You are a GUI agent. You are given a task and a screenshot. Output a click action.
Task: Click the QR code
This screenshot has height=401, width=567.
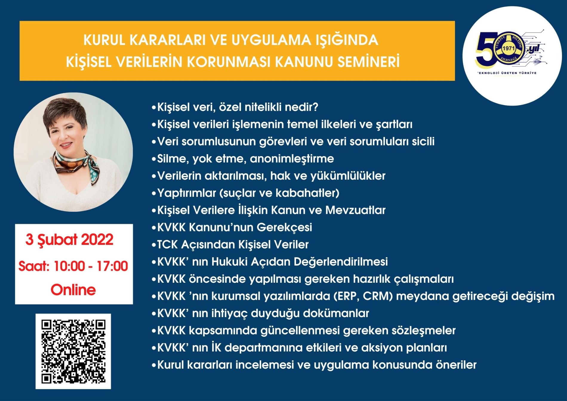pyautogui.click(x=73, y=351)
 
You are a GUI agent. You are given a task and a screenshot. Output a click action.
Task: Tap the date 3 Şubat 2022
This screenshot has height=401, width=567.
pyautogui.click(x=69, y=240)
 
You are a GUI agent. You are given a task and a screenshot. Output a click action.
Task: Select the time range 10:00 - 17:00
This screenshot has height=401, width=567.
pyautogui.click(x=91, y=266)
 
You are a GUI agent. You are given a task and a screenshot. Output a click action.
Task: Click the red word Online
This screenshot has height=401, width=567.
pyautogui.click(x=73, y=290)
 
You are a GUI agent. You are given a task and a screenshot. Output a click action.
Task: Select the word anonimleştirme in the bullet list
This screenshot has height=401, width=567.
pyautogui.click(x=292, y=159)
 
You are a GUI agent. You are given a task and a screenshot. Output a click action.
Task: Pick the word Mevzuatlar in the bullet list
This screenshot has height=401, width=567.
pyautogui.click(x=355, y=210)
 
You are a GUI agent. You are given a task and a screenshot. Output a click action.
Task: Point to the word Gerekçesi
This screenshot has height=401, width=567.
pyautogui.click(x=284, y=228)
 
